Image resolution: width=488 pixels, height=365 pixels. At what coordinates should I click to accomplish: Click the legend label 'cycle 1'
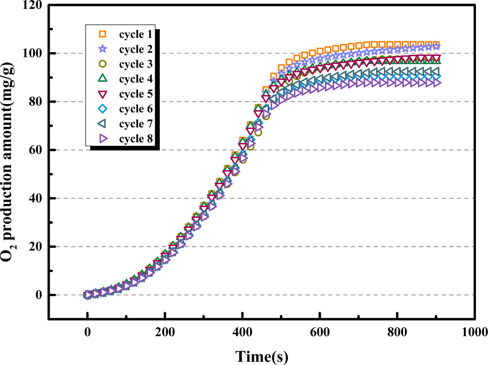click(136, 34)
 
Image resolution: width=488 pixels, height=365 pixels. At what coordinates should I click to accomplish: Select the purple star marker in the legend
click(102, 49)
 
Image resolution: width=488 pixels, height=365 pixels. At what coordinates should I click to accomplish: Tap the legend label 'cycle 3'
click(136, 64)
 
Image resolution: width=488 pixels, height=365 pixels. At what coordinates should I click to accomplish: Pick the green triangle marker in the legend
click(102, 79)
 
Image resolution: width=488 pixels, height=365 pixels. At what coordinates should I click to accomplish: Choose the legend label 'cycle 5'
click(136, 94)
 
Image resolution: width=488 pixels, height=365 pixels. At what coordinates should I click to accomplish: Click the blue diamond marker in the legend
click(102, 109)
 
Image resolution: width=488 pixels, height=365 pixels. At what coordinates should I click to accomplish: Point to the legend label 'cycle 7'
click(136, 124)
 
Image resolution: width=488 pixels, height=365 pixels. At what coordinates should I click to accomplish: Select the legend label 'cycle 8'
click(136, 139)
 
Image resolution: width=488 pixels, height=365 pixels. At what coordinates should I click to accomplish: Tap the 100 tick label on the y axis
click(33, 53)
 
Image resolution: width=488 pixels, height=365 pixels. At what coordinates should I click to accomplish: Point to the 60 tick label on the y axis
click(36, 150)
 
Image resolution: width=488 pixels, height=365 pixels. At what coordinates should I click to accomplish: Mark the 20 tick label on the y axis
click(36, 246)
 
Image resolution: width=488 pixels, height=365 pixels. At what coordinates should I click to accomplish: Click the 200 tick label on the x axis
click(165, 332)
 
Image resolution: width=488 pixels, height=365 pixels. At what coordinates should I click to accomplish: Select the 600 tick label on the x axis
click(320, 332)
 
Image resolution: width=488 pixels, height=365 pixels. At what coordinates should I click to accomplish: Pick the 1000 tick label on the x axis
click(474, 332)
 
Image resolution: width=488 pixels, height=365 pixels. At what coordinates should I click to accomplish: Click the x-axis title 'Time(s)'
click(262, 356)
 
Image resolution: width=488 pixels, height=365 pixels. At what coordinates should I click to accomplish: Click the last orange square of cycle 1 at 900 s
click(437, 45)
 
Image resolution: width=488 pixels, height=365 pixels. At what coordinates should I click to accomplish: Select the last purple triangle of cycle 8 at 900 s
click(437, 83)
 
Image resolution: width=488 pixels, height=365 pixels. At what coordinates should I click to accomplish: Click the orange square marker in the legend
click(102, 34)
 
